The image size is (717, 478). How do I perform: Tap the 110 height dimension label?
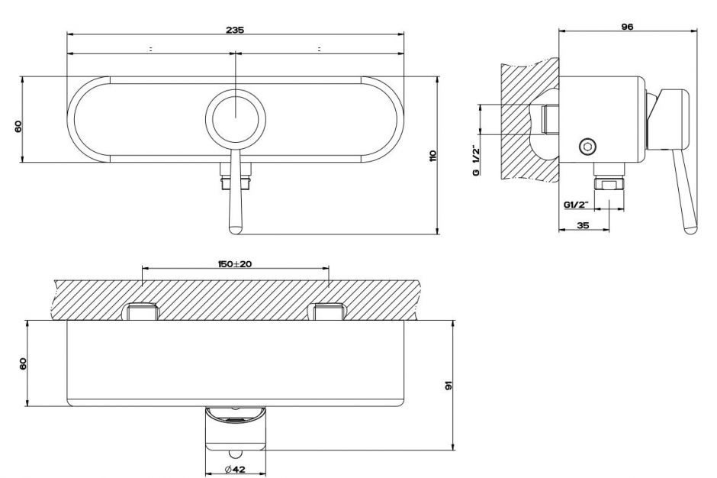[x=432, y=156]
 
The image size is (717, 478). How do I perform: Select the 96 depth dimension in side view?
[x=627, y=26]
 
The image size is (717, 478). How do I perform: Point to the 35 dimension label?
[x=583, y=225]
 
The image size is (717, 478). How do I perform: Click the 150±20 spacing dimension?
[x=236, y=263]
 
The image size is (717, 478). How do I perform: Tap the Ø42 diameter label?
[x=235, y=469]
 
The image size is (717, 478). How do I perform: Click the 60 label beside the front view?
[x=18, y=126]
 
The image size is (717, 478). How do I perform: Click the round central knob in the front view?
[x=236, y=118]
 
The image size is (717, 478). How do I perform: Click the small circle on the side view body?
[x=587, y=145]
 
